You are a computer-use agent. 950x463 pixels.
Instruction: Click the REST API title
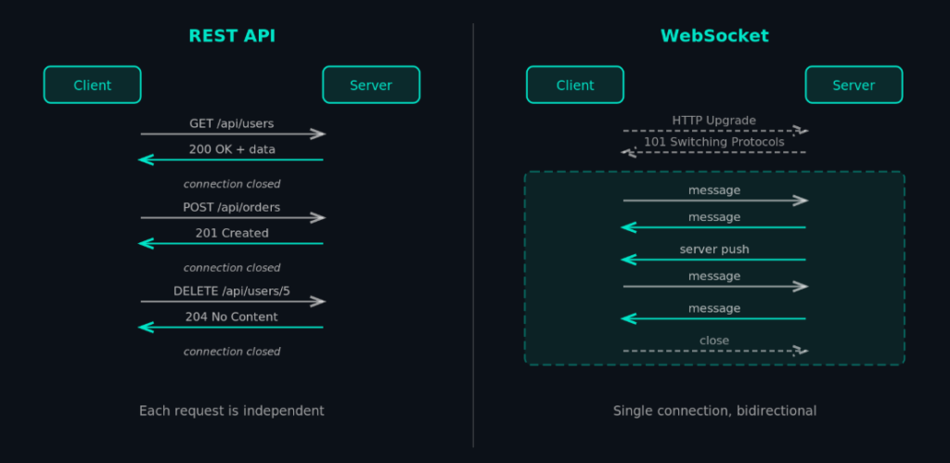tap(232, 36)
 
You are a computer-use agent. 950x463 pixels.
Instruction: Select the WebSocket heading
tap(714, 36)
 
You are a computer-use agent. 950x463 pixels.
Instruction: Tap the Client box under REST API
tap(93, 84)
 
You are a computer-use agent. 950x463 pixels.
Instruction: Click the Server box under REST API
tap(371, 84)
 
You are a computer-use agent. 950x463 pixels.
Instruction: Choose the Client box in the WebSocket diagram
tap(575, 84)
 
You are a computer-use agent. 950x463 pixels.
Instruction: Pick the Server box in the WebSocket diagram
tap(854, 84)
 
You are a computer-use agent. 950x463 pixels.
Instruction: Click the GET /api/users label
tap(232, 122)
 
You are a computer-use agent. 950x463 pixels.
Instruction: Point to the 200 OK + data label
tap(232, 148)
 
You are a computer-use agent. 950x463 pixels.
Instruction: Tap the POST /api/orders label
tap(232, 207)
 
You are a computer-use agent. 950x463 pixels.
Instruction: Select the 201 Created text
tap(232, 233)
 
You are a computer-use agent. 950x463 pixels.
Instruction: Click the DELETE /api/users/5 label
tap(232, 290)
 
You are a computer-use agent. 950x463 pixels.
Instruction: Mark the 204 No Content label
tap(232, 316)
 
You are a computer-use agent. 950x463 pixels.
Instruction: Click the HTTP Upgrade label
tap(714, 120)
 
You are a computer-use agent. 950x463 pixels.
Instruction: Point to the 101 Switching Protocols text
tap(714, 142)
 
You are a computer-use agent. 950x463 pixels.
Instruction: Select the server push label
tap(714, 249)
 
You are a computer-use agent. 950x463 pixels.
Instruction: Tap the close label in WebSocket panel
tap(714, 341)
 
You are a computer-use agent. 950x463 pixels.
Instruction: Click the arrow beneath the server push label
tap(714, 260)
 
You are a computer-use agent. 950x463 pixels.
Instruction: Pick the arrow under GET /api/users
tap(232, 135)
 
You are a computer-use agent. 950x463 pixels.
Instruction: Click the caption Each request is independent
tap(232, 410)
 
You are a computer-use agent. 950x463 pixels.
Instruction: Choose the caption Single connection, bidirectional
tap(714, 410)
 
